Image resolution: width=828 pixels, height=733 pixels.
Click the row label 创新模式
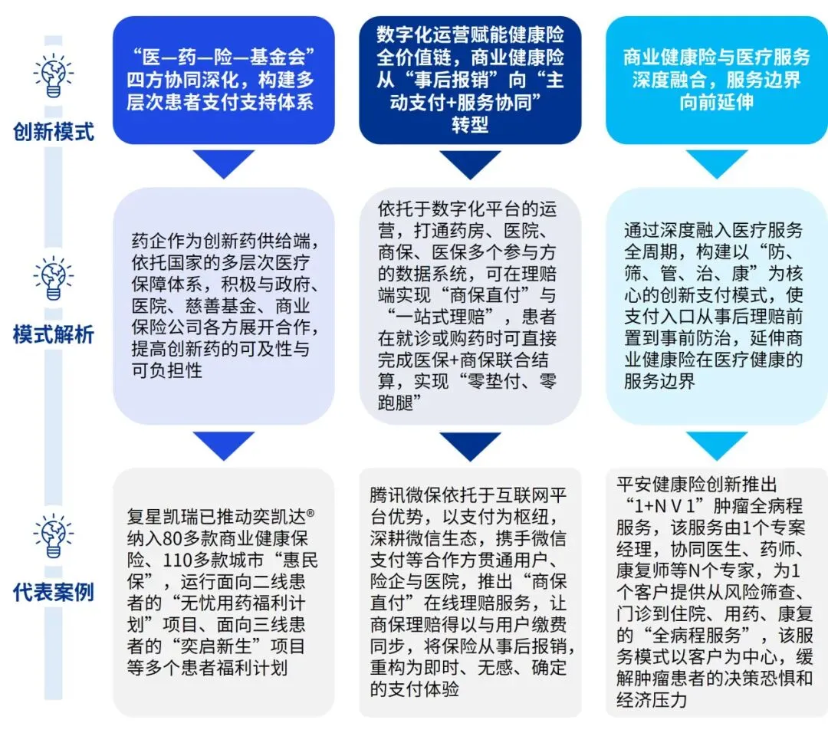point(54,132)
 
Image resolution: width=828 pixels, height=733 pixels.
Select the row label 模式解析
point(54,334)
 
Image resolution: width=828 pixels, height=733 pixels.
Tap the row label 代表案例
point(54,592)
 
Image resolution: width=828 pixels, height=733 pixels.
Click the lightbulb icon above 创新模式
point(54,75)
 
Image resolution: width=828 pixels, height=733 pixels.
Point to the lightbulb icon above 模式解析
point(54,278)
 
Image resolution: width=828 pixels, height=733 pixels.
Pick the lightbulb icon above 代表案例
point(54,536)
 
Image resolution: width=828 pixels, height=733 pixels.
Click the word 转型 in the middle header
point(470,125)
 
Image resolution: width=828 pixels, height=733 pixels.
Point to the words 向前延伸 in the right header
point(717,102)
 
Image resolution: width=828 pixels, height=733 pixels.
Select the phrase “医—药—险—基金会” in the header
point(223,57)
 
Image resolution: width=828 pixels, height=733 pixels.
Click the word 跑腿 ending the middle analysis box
point(396,403)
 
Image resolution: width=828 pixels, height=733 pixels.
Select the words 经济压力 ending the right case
point(652,700)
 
